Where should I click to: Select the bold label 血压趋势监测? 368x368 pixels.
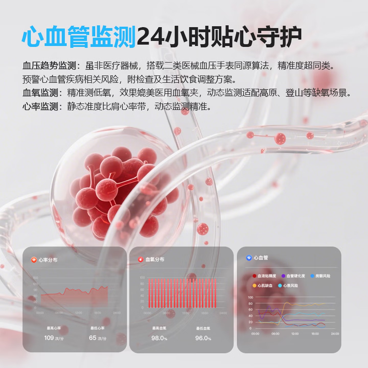pyautogui.click(x=49, y=66)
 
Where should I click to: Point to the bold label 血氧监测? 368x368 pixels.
pyautogui.click(x=40, y=93)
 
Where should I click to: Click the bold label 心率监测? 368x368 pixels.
pyautogui.click(x=40, y=106)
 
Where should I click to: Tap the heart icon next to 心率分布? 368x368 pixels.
pyautogui.click(x=34, y=260)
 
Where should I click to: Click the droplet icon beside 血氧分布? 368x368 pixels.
pyautogui.click(x=141, y=260)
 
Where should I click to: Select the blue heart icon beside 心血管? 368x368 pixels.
pyautogui.click(x=249, y=258)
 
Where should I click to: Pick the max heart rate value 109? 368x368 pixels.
pyautogui.click(x=49, y=338)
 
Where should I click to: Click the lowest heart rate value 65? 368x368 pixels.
pyautogui.click(x=93, y=338)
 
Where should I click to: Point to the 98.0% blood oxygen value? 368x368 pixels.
pyautogui.click(x=157, y=338)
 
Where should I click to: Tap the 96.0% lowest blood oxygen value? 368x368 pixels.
pyautogui.click(x=201, y=338)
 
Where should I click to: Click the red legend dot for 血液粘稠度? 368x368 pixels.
pyautogui.click(x=254, y=276)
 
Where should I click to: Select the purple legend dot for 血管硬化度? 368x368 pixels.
pyautogui.click(x=283, y=276)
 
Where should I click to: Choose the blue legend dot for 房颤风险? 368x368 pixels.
pyautogui.click(x=312, y=276)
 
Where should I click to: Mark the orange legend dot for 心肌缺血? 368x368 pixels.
pyautogui.click(x=254, y=285)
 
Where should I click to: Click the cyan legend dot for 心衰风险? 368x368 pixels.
pyautogui.click(x=280, y=285)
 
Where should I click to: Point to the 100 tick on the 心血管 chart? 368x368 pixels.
pyautogui.click(x=250, y=297)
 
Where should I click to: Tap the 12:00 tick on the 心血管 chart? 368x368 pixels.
pyautogui.click(x=295, y=334)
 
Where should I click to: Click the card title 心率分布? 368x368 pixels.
pyautogui.click(x=48, y=260)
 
